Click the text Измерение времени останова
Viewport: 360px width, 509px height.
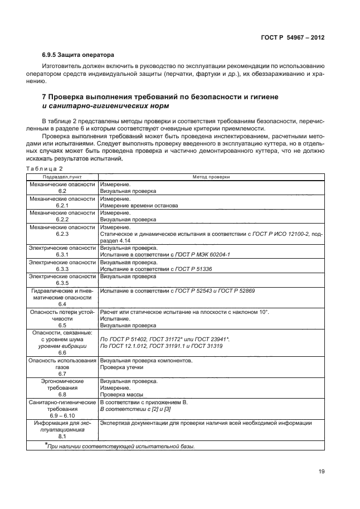coord(139,205)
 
